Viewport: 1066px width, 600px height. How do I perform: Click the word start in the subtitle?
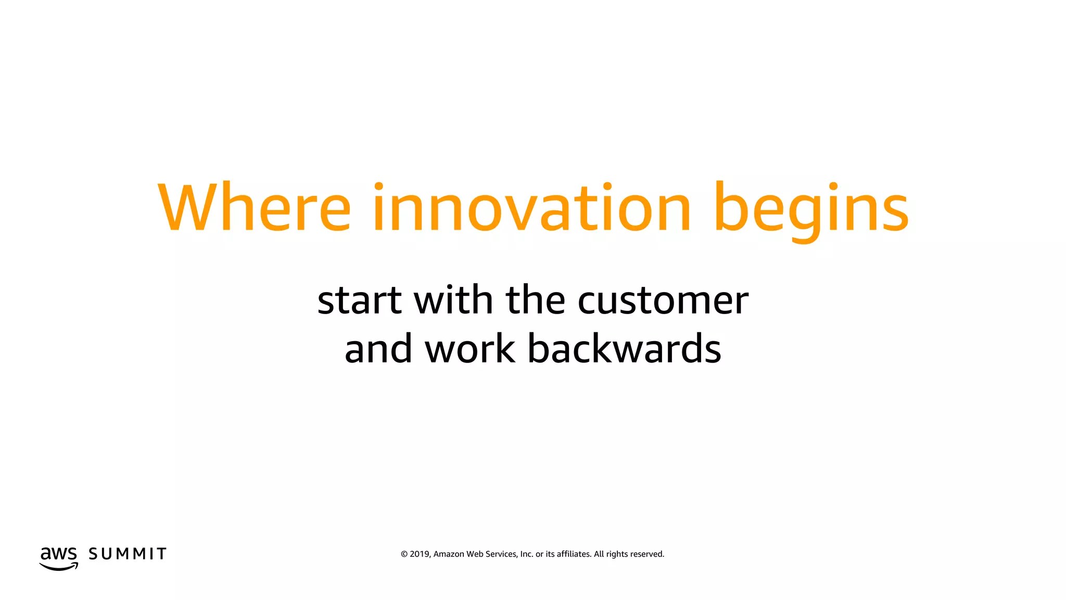pos(360,301)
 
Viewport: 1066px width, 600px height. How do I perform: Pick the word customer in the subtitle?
pos(663,301)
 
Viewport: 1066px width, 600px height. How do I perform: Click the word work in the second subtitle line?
pos(470,348)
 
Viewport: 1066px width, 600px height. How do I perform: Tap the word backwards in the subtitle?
pos(624,348)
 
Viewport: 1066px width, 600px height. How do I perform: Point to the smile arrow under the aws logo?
pos(59,567)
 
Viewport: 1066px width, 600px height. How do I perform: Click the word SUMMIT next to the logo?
pos(128,554)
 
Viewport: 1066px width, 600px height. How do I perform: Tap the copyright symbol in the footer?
pos(404,554)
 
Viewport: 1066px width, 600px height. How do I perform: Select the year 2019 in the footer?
pos(420,554)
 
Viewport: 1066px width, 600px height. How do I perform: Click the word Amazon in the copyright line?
pos(449,554)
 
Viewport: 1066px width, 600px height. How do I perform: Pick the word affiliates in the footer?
pos(574,554)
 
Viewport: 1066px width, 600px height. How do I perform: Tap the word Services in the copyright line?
pos(501,554)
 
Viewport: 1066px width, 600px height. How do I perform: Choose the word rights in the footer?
pos(617,554)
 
